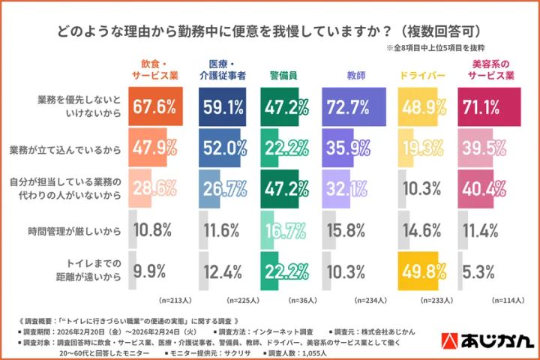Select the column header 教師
355,76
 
